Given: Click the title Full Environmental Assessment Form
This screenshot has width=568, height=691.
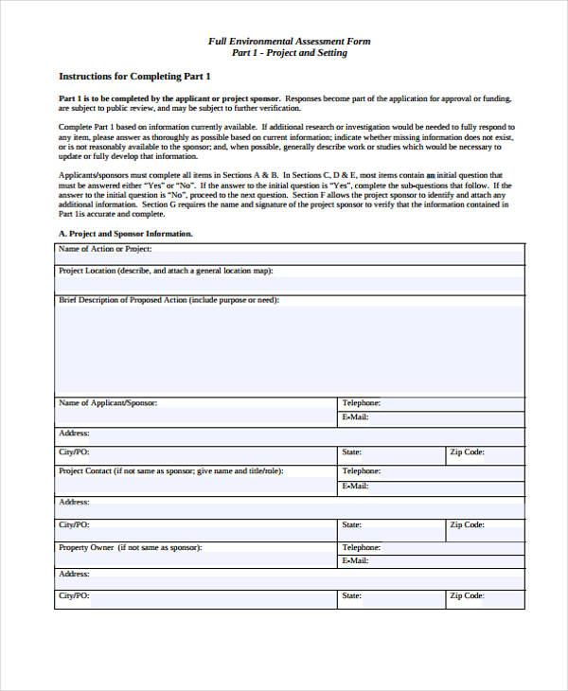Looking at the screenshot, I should [x=289, y=41].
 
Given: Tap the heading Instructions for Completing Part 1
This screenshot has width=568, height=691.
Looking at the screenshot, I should [x=134, y=76].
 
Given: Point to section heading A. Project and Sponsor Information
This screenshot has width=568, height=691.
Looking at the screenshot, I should [x=126, y=233].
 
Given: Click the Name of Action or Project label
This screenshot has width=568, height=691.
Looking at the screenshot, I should [x=105, y=249].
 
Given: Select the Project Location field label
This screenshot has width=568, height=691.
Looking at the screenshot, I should [x=166, y=271].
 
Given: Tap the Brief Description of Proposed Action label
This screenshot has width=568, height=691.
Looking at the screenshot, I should [x=169, y=300].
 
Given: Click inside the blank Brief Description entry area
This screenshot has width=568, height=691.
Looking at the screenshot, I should [x=289, y=350].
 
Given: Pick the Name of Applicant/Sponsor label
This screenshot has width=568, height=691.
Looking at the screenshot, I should [x=108, y=403].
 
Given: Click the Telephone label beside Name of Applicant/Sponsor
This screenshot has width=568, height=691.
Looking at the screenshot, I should [x=361, y=403].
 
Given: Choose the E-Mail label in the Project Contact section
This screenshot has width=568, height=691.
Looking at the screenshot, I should [x=355, y=486].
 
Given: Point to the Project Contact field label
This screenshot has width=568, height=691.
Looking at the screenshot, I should [x=170, y=470].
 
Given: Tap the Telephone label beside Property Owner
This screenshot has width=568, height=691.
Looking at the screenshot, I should [x=361, y=547].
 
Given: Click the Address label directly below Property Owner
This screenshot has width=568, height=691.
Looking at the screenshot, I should [x=74, y=574].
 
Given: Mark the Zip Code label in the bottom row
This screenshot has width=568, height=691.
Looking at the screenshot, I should [x=468, y=596].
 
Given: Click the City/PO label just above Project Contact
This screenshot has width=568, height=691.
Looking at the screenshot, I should [x=74, y=452].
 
